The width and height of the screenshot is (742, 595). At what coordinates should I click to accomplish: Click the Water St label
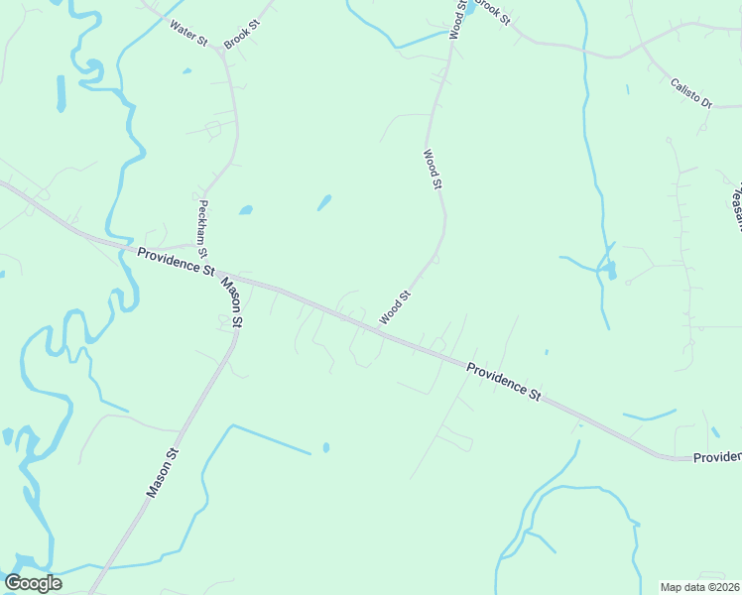(187, 33)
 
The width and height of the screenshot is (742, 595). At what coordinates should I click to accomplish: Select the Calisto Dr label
(691, 93)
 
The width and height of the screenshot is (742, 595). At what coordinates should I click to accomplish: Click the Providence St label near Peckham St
(176, 262)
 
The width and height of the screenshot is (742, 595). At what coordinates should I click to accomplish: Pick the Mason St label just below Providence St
(231, 302)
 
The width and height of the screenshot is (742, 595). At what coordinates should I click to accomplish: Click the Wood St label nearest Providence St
(395, 307)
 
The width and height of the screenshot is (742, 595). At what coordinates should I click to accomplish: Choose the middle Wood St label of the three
(432, 169)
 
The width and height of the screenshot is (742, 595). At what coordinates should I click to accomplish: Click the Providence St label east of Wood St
(504, 380)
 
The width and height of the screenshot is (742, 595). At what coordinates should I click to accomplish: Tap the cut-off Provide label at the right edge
(716, 457)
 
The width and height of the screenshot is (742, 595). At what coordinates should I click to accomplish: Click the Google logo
(33, 583)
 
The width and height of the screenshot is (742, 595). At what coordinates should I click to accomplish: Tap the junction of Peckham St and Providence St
(194, 245)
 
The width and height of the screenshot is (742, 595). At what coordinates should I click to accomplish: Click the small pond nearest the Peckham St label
(245, 210)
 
